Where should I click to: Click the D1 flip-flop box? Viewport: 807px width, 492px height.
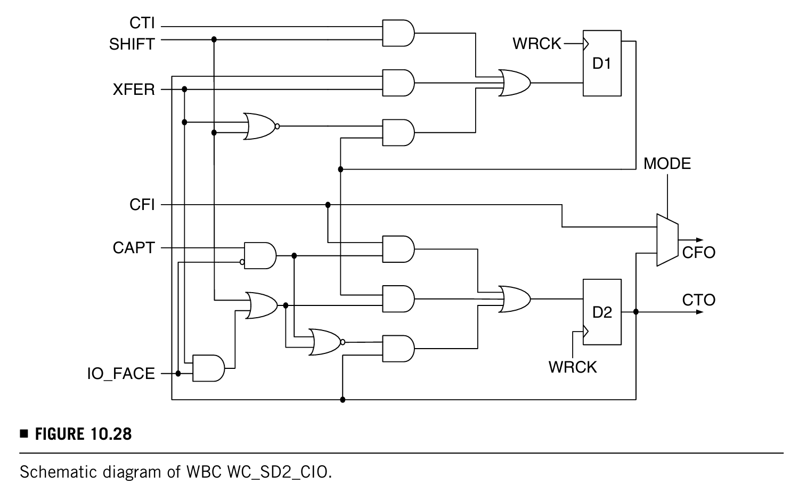coord(602,63)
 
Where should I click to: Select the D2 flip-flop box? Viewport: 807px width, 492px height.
coord(602,312)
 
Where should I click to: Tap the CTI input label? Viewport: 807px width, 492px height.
coord(142,23)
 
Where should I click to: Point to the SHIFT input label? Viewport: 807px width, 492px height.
coord(132,44)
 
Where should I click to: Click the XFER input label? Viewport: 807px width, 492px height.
coord(134,90)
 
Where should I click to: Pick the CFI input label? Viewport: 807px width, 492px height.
coord(142,205)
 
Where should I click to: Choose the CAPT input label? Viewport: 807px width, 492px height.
coord(134,248)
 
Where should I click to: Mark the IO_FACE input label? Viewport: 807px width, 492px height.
coord(121,374)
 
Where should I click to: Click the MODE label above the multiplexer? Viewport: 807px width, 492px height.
coord(667,164)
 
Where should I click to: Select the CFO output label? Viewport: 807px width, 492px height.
coord(698,252)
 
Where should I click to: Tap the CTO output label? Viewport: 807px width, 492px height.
coord(698,300)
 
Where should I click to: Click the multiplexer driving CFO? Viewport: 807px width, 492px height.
coord(667,240)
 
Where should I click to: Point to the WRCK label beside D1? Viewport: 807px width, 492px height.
coord(537,44)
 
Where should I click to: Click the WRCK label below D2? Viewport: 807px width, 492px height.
coord(573,367)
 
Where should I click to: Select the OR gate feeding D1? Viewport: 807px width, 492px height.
coord(515,83)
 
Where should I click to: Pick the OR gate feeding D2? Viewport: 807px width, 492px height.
coord(515,299)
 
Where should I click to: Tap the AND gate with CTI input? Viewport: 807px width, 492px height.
coord(398,33)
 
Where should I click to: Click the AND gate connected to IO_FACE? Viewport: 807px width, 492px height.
coord(209,368)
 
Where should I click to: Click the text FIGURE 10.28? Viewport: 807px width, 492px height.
coord(83,434)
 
